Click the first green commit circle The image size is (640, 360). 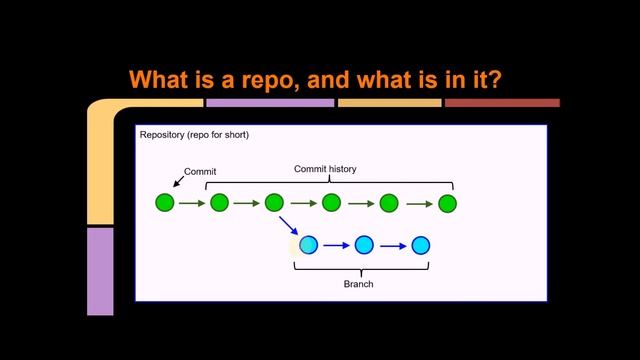coord(165,203)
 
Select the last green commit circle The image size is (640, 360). coord(447,203)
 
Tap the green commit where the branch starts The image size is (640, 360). coord(275,203)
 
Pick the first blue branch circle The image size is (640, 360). coord(308,245)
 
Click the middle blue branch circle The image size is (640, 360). coord(364,245)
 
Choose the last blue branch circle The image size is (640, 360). coord(421,245)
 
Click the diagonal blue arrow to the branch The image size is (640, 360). coord(288,226)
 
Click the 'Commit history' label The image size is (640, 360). coord(325,169)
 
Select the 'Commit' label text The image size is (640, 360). coord(200,172)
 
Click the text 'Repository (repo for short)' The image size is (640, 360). coord(194,135)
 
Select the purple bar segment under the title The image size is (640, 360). coord(270,102)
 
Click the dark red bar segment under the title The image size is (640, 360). coord(502,102)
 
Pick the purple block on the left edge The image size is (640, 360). coord(100,271)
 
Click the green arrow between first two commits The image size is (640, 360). coord(192,203)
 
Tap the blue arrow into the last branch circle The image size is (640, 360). coord(392,245)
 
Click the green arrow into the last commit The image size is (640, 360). coord(420,203)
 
